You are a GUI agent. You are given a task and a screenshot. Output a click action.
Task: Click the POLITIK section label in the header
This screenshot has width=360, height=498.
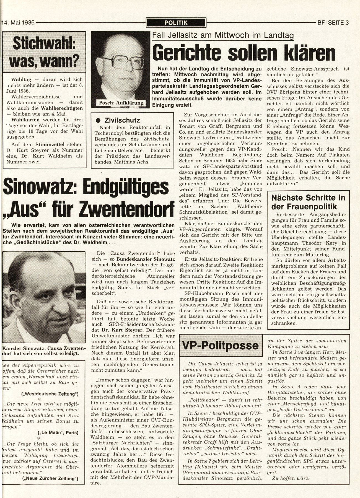pyautogui.click(x=176, y=23)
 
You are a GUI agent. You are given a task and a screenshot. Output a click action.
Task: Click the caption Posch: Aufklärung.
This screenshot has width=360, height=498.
pyautogui.click(x=120, y=103)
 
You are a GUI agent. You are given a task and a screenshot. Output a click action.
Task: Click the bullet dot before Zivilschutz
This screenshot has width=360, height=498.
pyautogui.click(x=97, y=120)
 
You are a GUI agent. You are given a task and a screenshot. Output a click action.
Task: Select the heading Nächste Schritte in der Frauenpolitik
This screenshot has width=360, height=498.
pyautogui.click(x=308, y=202)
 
